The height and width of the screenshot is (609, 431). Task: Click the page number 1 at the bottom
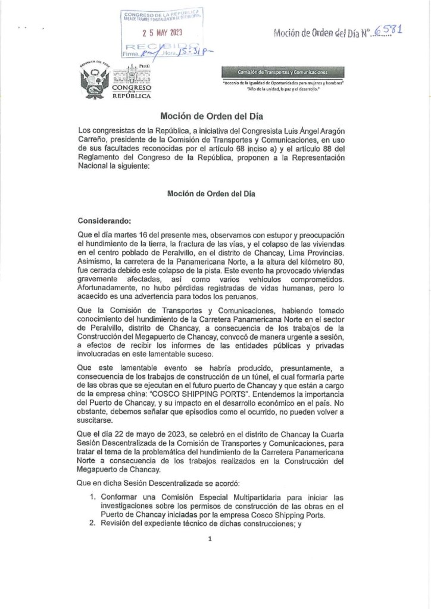tap(210, 539)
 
